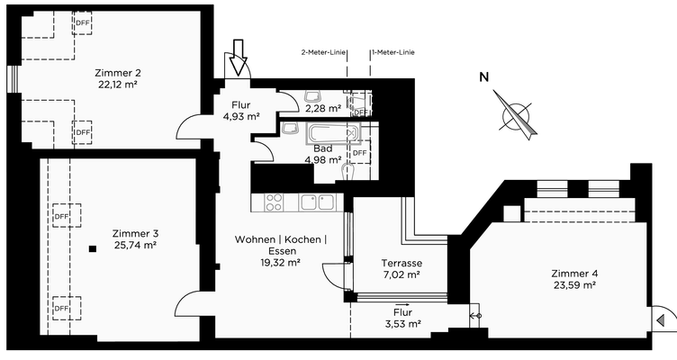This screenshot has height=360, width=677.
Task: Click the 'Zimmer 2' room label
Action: click(119, 72)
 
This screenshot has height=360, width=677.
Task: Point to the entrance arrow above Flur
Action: click(239, 58)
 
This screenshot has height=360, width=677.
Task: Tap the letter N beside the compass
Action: click(484, 77)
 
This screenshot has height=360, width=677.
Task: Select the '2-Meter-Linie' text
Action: click(321, 53)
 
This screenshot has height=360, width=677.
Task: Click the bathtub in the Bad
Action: click(331, 135)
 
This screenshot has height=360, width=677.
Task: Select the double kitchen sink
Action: click(318, 202)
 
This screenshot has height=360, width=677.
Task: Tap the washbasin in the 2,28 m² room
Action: click(314, 97)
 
